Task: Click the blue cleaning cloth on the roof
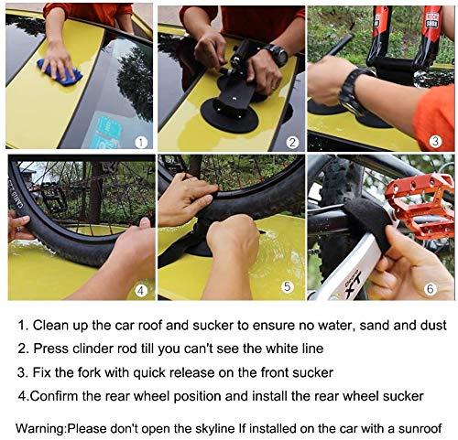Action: tap(58, 70)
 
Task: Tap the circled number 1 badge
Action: tap(140, 142)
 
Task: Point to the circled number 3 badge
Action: tap(436, 142)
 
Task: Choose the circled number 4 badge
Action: tap(140, 291)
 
